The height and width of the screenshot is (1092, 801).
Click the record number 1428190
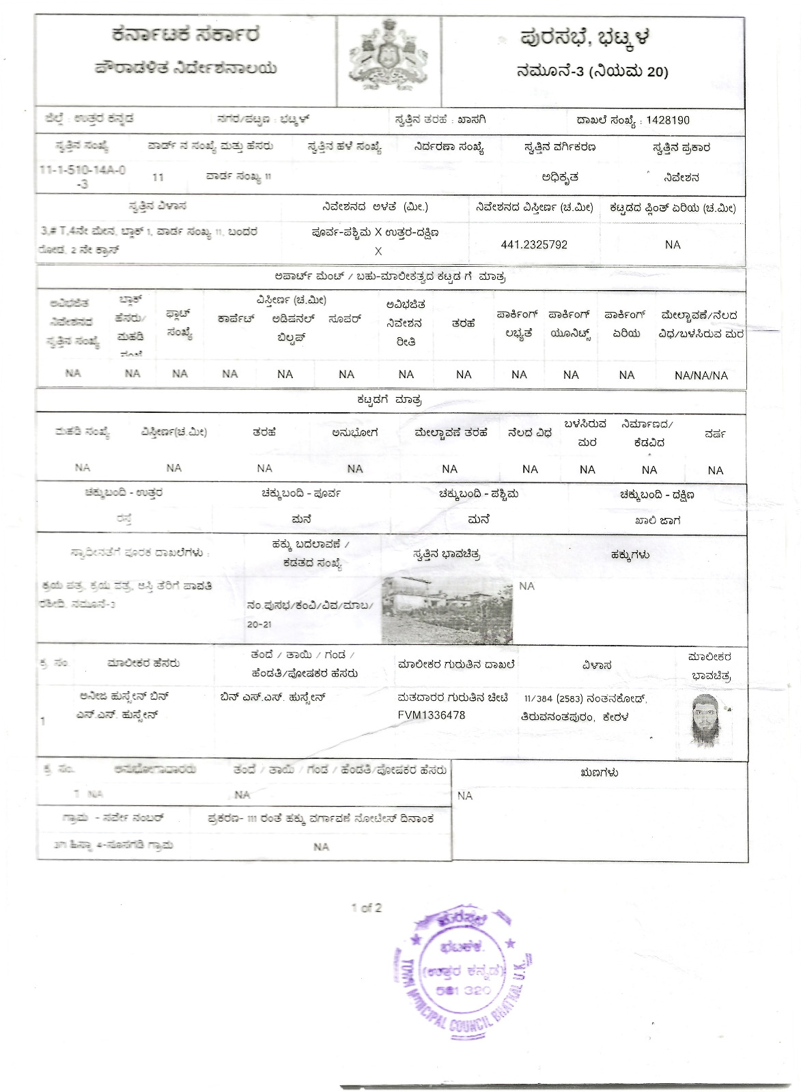[667, 120]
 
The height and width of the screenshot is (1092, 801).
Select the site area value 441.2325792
[534, 244]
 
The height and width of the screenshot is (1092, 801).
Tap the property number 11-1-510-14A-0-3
[83, 176]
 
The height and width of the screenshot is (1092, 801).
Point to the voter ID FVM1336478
[432, 715]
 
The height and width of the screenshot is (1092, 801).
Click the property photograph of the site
[447, 609]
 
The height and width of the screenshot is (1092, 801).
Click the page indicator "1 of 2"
[367, 908]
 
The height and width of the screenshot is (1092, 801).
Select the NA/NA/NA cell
[701, 375]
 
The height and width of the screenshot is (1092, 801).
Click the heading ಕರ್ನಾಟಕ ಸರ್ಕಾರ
[186, 35]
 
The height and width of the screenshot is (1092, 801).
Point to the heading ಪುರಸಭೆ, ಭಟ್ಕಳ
[585, 37]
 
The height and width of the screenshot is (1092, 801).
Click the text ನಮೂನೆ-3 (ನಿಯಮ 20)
[592, 71]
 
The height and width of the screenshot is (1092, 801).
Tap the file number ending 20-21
[259, 624]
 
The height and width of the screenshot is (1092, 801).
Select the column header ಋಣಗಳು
[600, 773]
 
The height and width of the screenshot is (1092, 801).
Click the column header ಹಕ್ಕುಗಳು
[630, 555]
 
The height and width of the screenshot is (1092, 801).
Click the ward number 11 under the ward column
[158, 177]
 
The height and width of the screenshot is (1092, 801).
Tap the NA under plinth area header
[673, 244]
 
